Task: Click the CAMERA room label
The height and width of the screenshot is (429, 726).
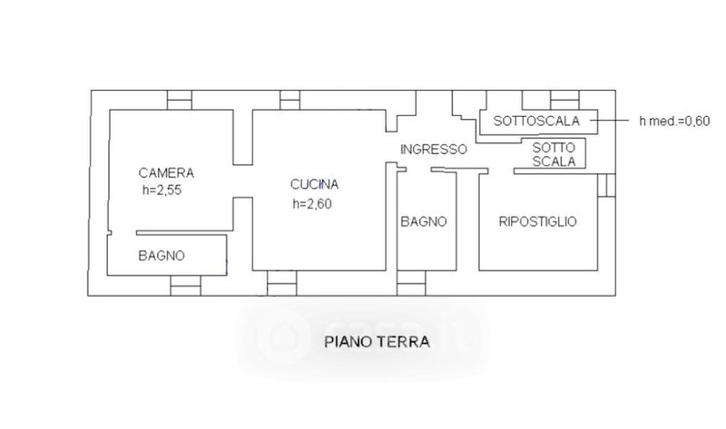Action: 166,173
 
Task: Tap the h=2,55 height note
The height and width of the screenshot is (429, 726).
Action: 162,190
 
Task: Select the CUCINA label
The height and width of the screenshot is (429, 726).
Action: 314,184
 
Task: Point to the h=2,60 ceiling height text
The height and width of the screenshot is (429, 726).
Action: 312,204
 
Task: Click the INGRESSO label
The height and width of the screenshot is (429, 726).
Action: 434,150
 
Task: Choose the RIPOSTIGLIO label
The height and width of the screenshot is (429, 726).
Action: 538,221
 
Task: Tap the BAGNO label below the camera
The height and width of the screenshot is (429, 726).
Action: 162,256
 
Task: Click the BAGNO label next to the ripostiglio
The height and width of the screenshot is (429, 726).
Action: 424,221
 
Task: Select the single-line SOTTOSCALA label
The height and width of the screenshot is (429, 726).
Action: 536,121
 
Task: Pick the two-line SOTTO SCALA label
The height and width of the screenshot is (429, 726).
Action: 554,154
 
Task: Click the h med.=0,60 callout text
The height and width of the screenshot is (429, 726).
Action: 674,122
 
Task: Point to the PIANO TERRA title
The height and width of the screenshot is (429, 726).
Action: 377,342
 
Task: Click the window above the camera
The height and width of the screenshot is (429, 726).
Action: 179,100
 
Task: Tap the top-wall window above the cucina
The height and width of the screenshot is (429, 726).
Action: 289,100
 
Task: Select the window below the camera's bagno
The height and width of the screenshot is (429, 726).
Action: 186,286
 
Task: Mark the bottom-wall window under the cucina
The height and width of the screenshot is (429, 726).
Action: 282,283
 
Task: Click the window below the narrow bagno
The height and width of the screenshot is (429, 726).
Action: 411,283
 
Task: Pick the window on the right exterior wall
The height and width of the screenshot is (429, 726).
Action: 606,185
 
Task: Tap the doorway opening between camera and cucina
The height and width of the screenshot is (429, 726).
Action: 242,181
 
